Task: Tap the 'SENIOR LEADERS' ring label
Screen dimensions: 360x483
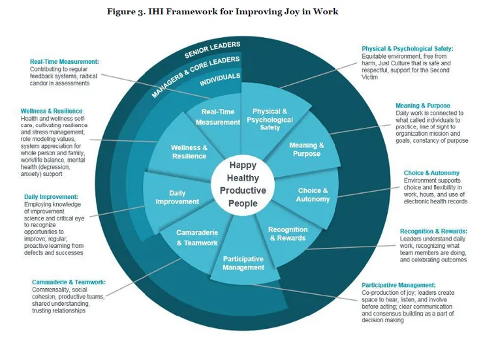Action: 212,50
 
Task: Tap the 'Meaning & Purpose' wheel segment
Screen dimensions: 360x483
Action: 306,149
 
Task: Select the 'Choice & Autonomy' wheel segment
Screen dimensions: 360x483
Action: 313,194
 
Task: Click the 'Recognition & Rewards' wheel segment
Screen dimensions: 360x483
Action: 287,233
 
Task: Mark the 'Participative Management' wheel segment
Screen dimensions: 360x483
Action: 243,263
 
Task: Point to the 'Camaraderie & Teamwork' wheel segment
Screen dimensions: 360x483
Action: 197,237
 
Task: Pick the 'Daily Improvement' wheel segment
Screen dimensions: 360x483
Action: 177,197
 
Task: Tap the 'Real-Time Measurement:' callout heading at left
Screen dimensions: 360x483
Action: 64,61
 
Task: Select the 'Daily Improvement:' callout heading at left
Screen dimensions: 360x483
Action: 51,196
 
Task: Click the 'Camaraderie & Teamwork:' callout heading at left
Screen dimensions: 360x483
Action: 69,282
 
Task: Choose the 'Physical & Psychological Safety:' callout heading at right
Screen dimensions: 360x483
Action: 407,48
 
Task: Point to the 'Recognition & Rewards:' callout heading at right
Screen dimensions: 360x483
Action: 433,231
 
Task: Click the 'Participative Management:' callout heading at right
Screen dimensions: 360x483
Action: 400,285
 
